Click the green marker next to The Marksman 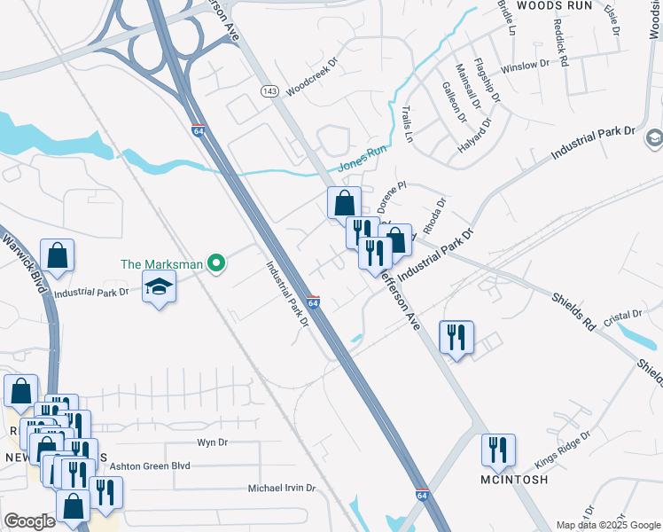click(215, 263)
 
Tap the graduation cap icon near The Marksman click(160, 286)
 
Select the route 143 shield click(270, 91)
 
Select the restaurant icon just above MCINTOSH click(498, 450)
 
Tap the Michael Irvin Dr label click(282, 488)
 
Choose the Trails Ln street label click(408, 126)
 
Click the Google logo click(29, 521)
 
